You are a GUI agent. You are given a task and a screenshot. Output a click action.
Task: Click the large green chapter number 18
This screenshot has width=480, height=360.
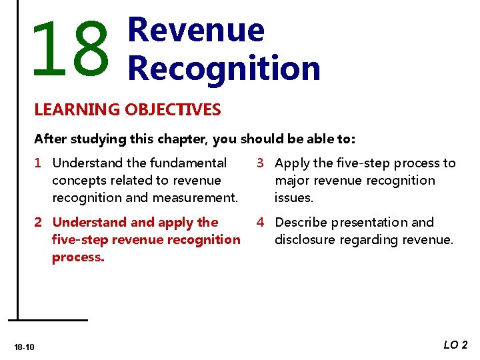coord(69,49)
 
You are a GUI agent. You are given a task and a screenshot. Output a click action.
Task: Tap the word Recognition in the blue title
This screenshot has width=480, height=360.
coord(223,68)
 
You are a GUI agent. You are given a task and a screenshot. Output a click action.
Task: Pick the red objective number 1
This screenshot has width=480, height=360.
coord(39,163)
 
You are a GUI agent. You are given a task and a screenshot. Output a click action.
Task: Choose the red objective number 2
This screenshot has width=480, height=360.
coord(39,223)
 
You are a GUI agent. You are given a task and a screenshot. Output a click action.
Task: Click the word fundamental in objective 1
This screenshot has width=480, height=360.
coord(189,163)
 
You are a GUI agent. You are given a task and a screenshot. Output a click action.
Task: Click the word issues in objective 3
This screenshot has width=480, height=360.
coord(293,198)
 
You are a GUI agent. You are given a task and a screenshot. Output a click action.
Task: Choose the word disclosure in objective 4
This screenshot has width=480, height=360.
coord(305,240)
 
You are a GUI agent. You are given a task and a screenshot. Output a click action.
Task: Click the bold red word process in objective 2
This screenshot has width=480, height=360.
coord(77,257)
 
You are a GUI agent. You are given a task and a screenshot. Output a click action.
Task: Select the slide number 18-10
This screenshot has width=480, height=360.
coord(25,347)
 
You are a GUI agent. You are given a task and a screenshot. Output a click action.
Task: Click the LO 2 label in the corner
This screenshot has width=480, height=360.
coord(455,345)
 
